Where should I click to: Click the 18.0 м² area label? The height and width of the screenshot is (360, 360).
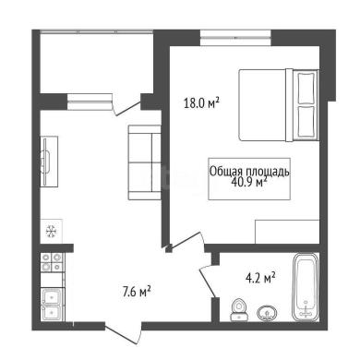(201, 102)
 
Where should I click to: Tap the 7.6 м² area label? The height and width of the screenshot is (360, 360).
(137, 292)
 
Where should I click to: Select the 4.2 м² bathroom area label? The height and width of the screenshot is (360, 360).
(260, 278)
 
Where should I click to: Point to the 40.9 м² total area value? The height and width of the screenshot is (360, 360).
(248, 183)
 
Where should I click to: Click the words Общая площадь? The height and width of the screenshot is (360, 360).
(249, 171)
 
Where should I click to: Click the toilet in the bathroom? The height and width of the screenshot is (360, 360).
(238, 310)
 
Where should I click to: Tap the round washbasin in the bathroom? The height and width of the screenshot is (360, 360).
(267, 313)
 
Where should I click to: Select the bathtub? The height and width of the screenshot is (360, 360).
(305, 287)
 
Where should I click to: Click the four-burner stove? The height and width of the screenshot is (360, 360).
(52, 262)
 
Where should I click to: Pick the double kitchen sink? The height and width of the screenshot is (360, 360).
(53, 305)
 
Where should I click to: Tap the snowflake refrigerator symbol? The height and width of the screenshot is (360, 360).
(51, 231)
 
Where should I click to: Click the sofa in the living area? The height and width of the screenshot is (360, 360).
(145, 162)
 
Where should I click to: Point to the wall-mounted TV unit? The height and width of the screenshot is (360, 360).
(49, 162)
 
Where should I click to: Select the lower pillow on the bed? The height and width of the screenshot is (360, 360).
(306, 121)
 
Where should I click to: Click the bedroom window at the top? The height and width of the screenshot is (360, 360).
(235, 38)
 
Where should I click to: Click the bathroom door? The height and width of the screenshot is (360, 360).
(207, 281)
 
